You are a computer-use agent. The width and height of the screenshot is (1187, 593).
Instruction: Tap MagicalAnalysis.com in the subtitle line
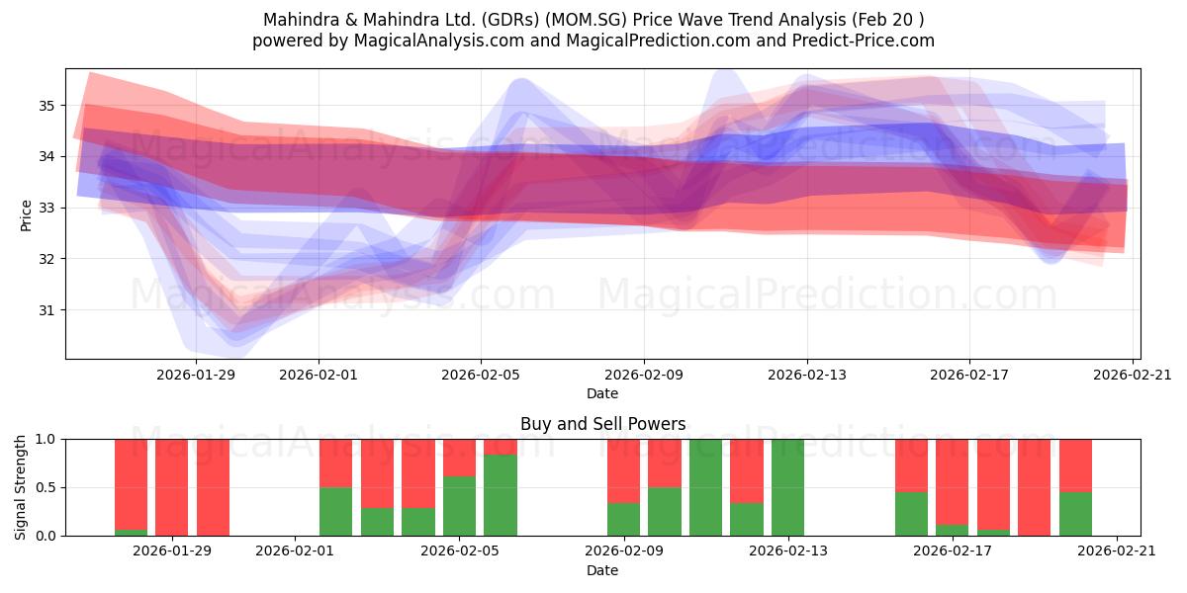tap(439, 41)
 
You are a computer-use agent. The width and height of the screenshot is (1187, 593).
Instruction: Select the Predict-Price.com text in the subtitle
tap(864, 41)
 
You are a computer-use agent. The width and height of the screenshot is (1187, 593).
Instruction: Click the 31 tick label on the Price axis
tap(46, 310)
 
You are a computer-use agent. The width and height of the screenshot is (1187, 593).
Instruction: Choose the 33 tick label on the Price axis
tap(46, 209)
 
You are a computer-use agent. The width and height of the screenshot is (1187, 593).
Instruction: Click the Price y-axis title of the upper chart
tap(26, 215)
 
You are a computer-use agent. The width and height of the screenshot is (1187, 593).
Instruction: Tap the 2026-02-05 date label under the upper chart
tap(481, 375)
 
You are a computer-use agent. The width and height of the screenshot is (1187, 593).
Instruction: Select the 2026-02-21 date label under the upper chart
tap(1133, 375)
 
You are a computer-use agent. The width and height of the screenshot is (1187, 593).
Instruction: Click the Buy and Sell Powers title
tap(603, 424)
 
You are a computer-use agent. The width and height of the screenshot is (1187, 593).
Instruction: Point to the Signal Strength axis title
tap(20, 487)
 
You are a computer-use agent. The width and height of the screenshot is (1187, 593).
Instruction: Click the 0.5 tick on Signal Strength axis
tap(46, 487)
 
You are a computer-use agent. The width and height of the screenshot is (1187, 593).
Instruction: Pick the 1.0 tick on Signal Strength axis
tap(46, 439)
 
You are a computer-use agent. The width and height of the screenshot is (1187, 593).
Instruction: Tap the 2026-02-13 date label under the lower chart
tap(788, 551)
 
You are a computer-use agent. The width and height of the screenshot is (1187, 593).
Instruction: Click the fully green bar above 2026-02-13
tap(787, 487)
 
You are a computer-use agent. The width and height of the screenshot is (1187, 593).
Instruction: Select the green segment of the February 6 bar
tap(501, 495)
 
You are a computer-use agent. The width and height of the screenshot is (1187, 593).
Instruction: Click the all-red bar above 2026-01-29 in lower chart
tap(172, 487)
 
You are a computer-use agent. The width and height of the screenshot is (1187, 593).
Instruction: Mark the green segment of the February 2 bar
tap(335, 512)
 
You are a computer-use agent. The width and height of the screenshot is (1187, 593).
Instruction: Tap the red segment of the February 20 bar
tap(1076, 466)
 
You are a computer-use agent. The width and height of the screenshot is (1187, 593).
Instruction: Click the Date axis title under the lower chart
tap(602, 570)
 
